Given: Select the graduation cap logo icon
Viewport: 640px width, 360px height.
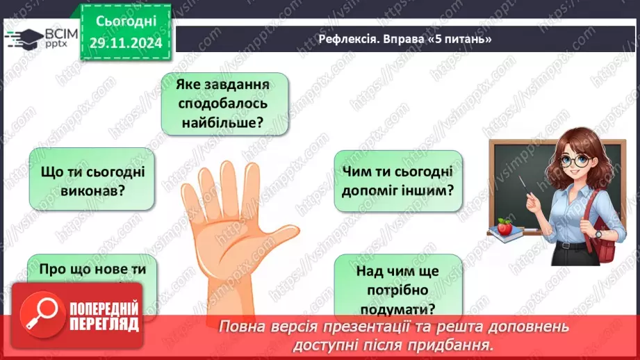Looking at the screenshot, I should point(23,38).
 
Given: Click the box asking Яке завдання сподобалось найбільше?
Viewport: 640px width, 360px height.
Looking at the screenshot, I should point(224,104).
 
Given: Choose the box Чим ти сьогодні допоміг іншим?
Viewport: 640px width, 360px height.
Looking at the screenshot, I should point(398,181).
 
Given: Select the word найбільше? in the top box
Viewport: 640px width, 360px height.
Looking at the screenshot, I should point(224,123).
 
